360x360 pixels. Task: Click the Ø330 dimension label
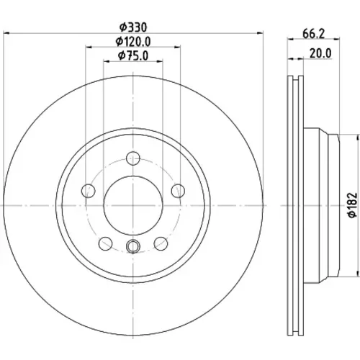(x=133, y=27)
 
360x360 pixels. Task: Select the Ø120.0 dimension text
(x=133, y=42)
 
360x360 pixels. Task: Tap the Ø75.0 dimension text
(x=133, y=55)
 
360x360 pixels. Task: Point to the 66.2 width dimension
(x=313, y=34)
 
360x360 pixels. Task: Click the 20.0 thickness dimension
(x=320, y=53)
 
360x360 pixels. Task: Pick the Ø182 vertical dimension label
(x=353, y=204)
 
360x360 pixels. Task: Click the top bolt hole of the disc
(x=133, y=158)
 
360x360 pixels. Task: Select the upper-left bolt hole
(x=89, y=191)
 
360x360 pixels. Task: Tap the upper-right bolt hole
(x=178, y=191)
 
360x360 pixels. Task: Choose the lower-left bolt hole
(x=105, y=243)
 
